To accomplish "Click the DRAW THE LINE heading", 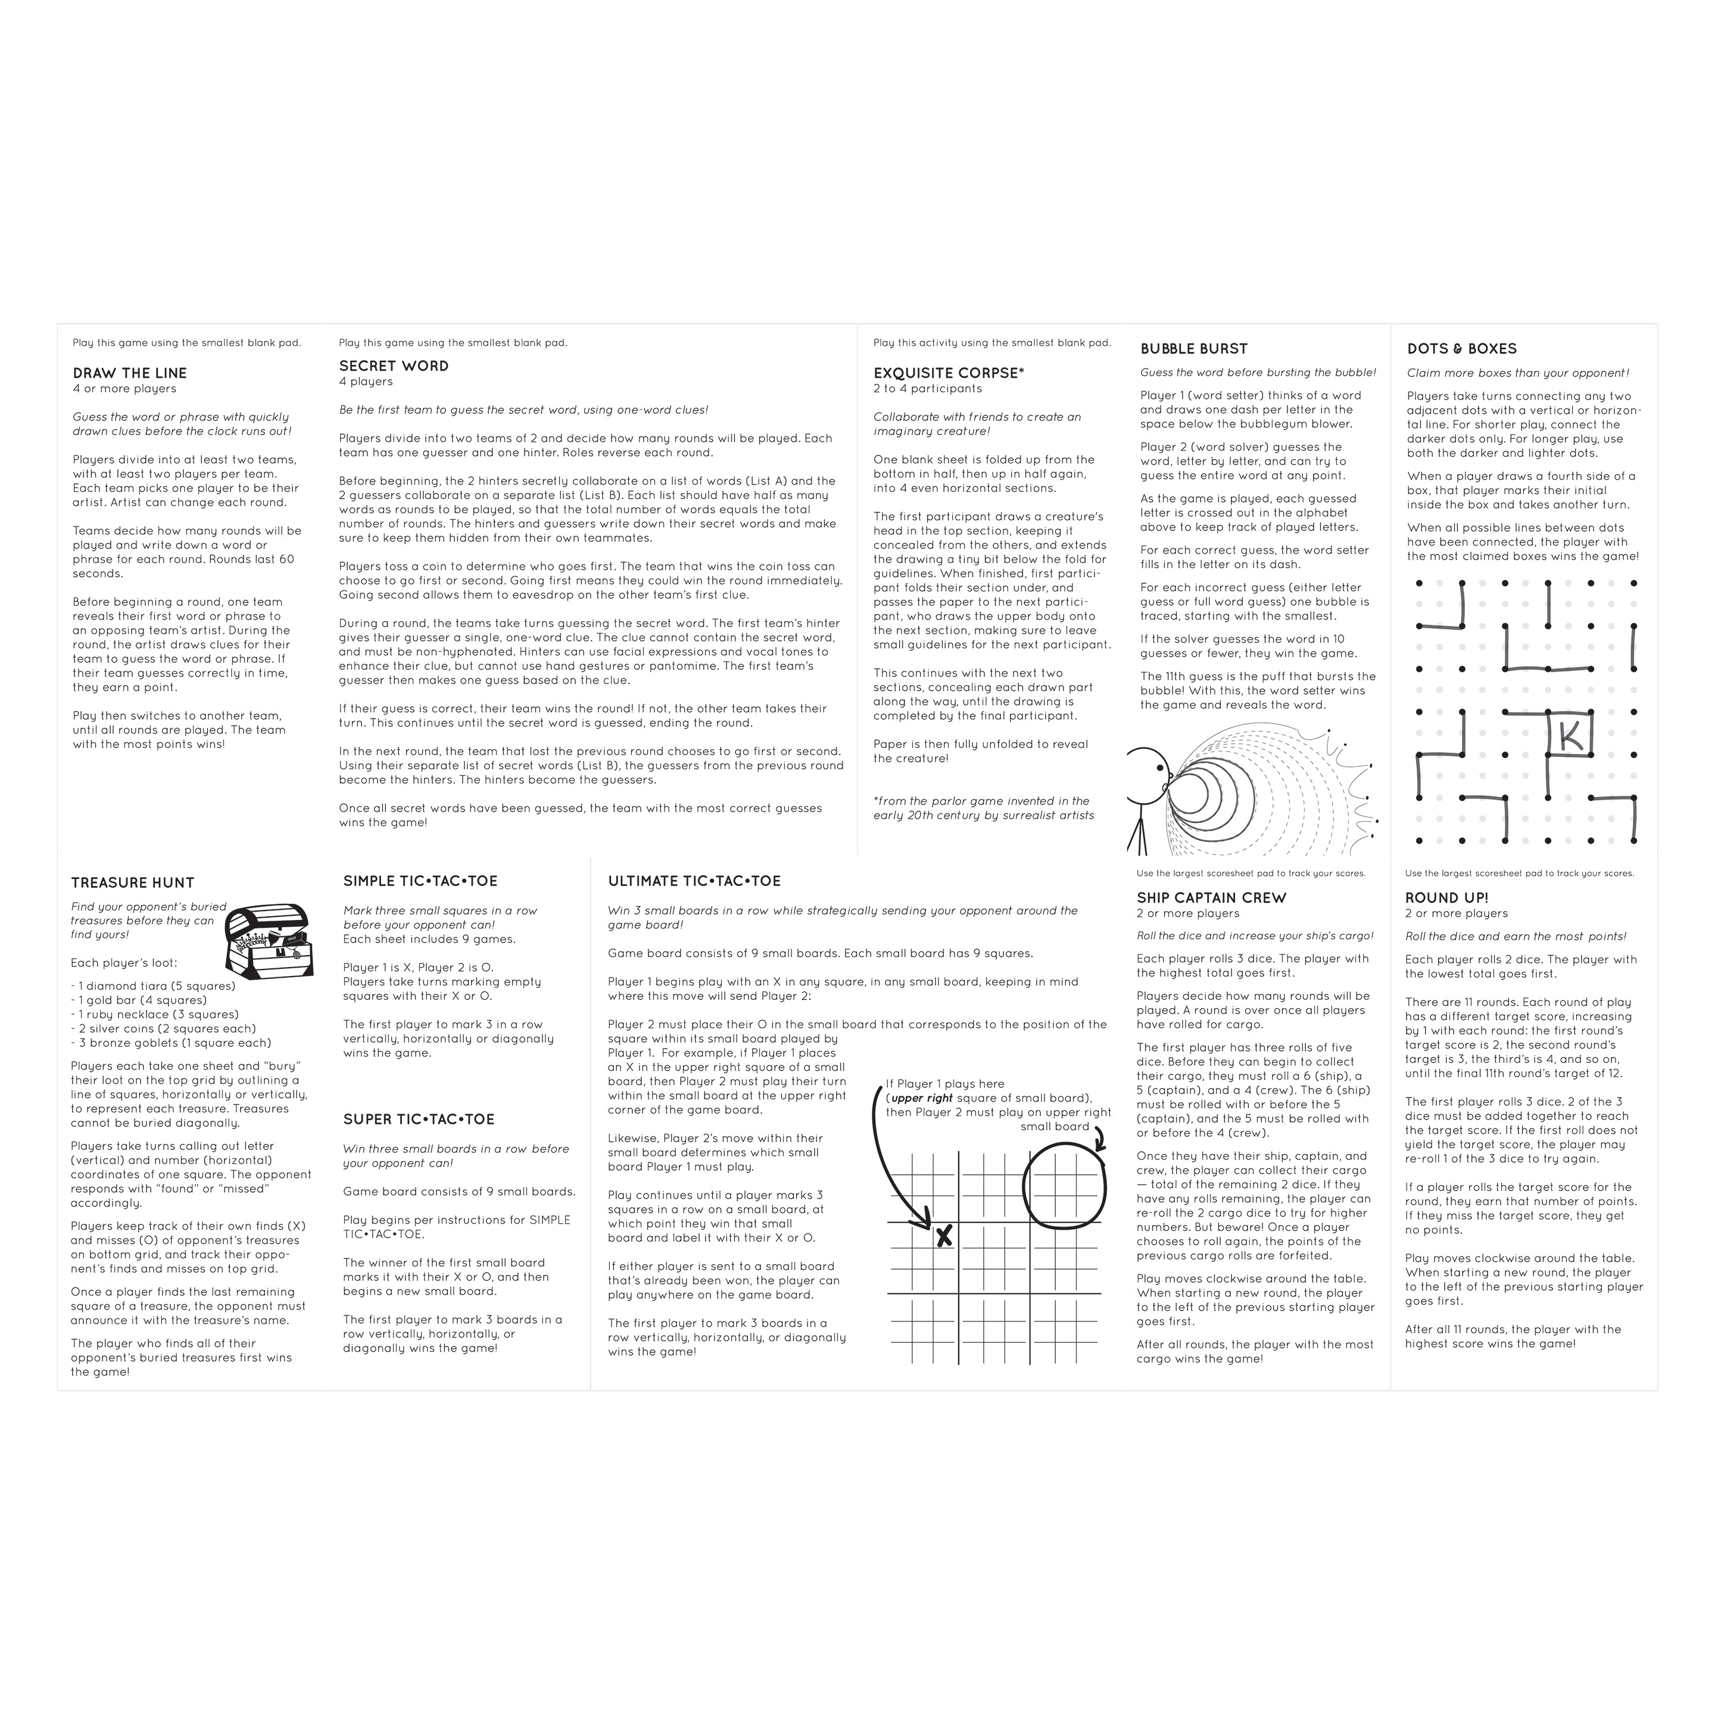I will point(130,373).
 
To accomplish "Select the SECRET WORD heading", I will point(393,366).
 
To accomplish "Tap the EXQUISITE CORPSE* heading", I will point(948,373).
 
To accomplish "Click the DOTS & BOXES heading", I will point(1461,349).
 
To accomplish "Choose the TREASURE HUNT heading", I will point(132,883).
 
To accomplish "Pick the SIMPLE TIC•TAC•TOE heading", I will point(420,881).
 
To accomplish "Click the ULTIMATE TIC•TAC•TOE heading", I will point(694,881).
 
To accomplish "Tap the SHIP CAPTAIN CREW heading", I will point(1211,897).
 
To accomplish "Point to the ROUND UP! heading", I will point(1446,897).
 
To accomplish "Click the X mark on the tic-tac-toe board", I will point(944,1235).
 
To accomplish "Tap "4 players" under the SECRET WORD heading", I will point(365,382).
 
